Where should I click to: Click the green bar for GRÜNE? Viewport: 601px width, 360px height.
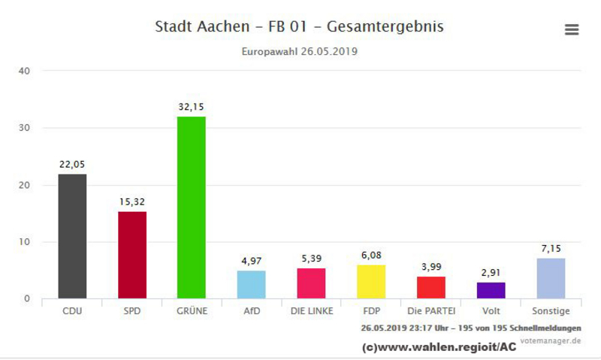(x=191, y=207)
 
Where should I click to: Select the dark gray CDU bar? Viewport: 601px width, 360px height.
(x=72, y=236)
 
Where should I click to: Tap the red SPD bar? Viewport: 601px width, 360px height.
(x=131, y=255)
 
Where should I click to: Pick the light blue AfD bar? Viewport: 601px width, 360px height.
(x=251, y=285)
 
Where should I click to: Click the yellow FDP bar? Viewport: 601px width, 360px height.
(x=370, y=282)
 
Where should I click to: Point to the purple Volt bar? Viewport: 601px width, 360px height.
(x=491, y=291)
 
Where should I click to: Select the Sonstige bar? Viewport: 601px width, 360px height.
(x=550, y=279)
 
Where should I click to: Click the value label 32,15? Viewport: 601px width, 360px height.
(x=191, y=107)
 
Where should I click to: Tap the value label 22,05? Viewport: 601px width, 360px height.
(x=72, y=164)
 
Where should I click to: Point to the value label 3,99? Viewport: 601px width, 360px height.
(x=430, y=267)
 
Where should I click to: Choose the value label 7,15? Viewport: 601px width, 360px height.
(x=550, y=249)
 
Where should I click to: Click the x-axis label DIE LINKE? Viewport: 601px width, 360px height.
(x=311, y=310)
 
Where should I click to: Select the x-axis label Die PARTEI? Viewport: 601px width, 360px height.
(x=430, y=310)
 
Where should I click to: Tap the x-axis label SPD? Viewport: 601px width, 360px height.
(x=131, y=310)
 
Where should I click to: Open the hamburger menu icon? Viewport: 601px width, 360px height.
(x=572, y=29)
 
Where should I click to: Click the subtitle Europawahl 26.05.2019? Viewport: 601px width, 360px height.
(x=299, y=52)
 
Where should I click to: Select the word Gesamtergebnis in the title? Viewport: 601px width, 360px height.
(x=385, y=27)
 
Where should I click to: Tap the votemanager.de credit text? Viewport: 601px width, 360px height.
(x=550, y=340)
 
